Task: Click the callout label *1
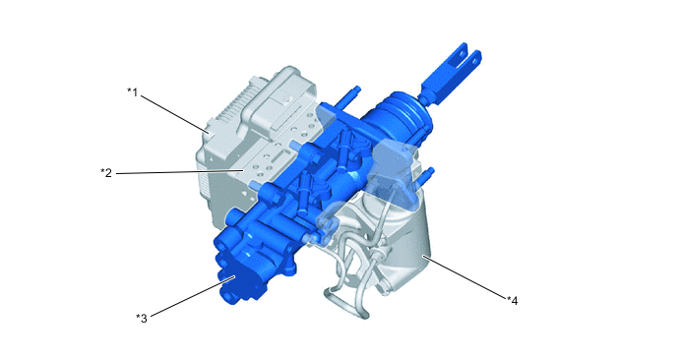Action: point(132,91)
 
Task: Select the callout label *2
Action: point(106,173)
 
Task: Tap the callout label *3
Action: point(142,318)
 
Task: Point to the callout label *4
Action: point(513,300)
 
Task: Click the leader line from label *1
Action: point(175,113)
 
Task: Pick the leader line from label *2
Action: point(180,172)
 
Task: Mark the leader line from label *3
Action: point(193,296)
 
